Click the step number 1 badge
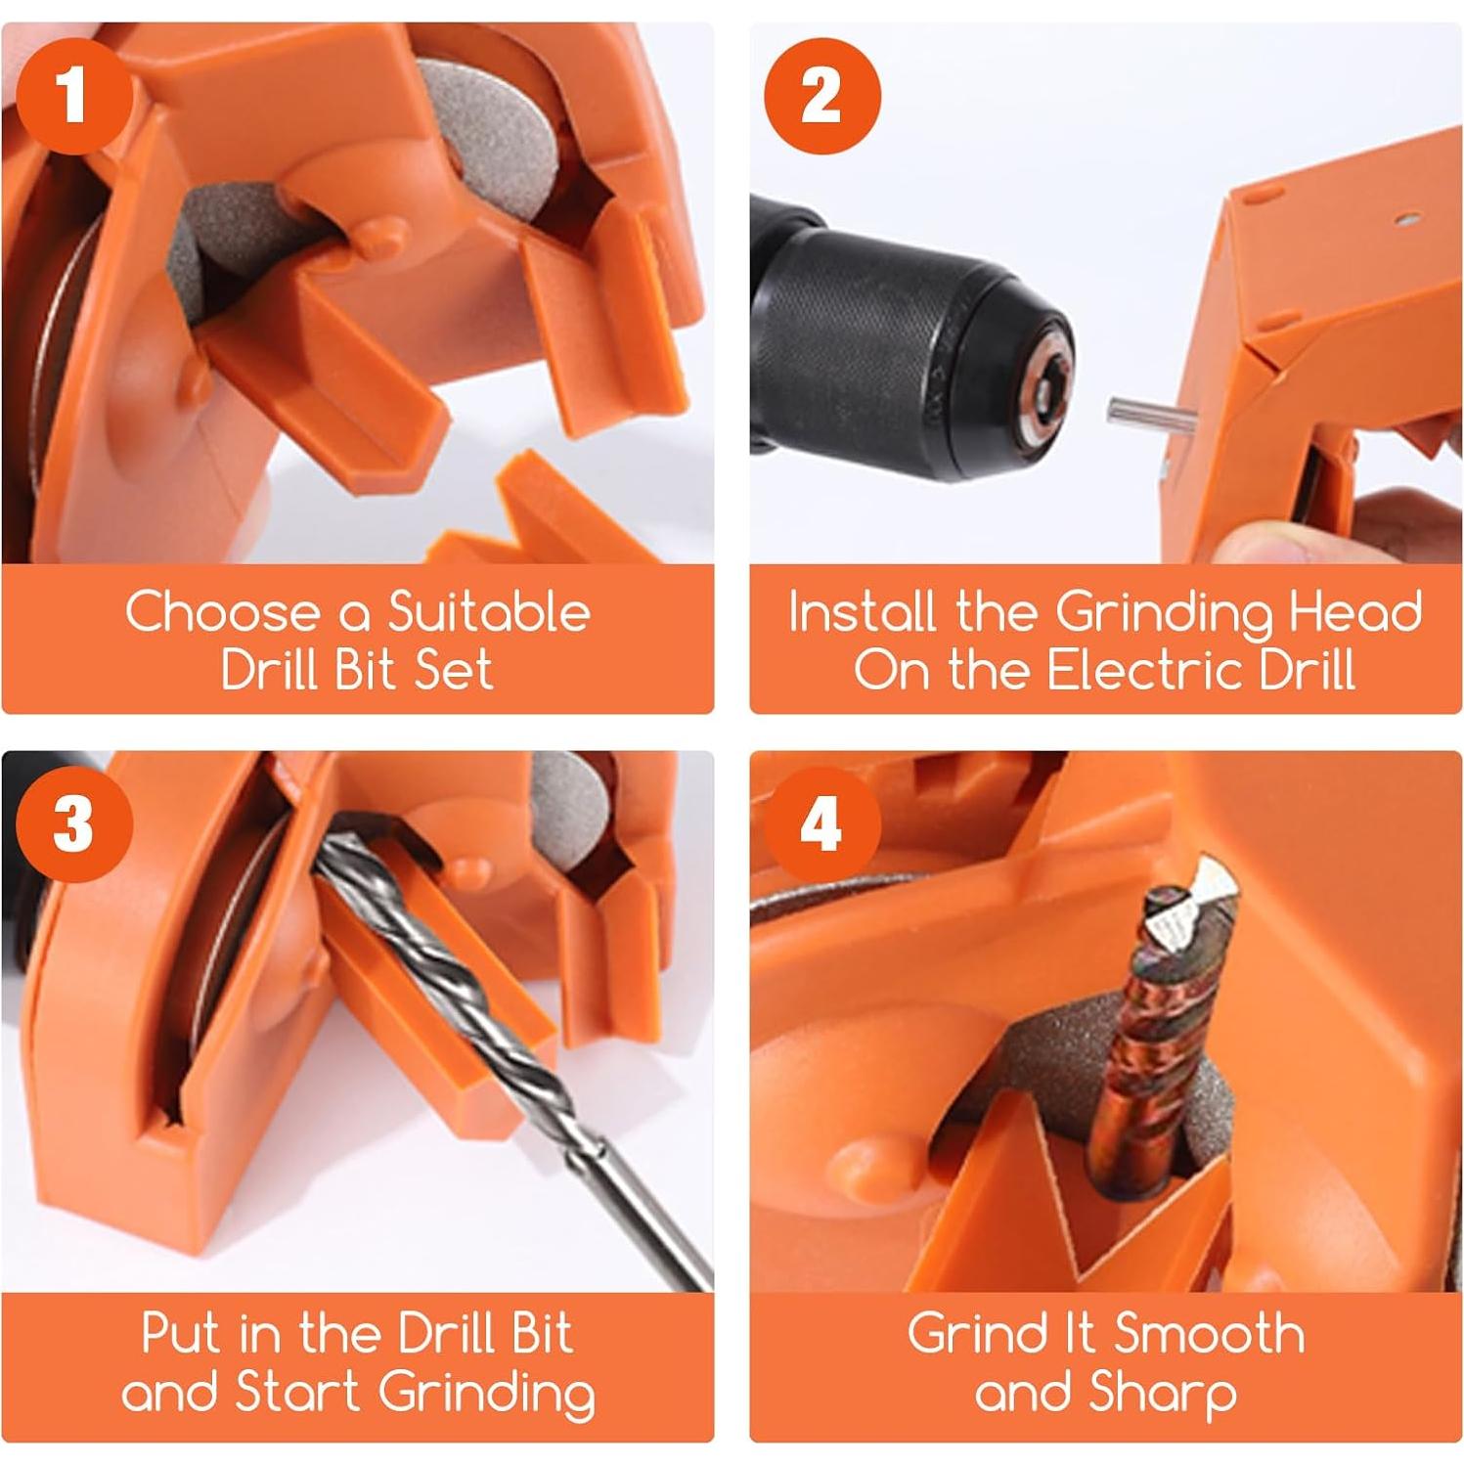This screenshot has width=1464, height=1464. (x=73, y=96)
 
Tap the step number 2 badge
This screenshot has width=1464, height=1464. (x=822, y=96)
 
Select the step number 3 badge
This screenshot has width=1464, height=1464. (x=73, y=824)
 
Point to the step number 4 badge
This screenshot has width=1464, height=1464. (x=822, y=824)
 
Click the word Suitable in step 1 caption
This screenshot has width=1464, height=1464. (x=489, y=612)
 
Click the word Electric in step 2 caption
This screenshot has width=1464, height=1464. (x=1143, y=670)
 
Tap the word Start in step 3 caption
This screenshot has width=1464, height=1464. (x=298, y=1392)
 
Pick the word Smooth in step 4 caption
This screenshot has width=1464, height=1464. (x=1210, y=1333)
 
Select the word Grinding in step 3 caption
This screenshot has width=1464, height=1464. (x=486, y=1394)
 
